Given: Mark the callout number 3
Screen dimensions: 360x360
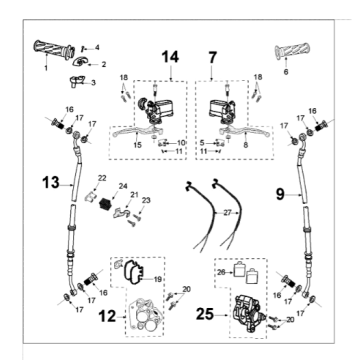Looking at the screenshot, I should point(93,83).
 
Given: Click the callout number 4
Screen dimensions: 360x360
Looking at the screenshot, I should point(98,47).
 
